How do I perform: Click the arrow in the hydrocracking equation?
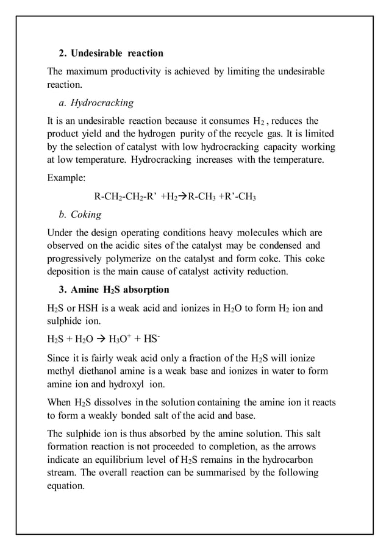(x=182, y=197)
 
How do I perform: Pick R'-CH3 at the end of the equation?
(x=237, y=197)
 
